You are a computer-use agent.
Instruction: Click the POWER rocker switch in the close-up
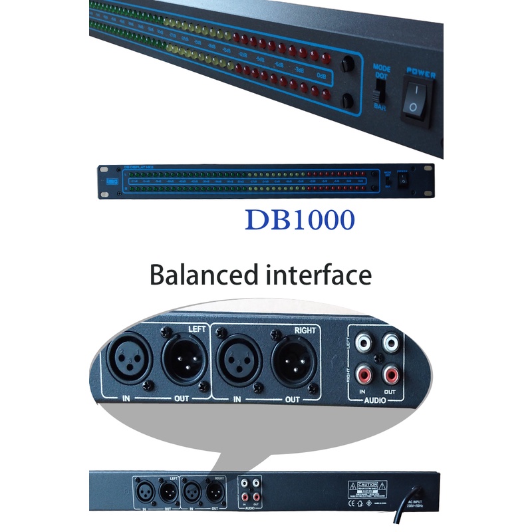click(415, 99)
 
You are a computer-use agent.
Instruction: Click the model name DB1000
click(299, 219)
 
